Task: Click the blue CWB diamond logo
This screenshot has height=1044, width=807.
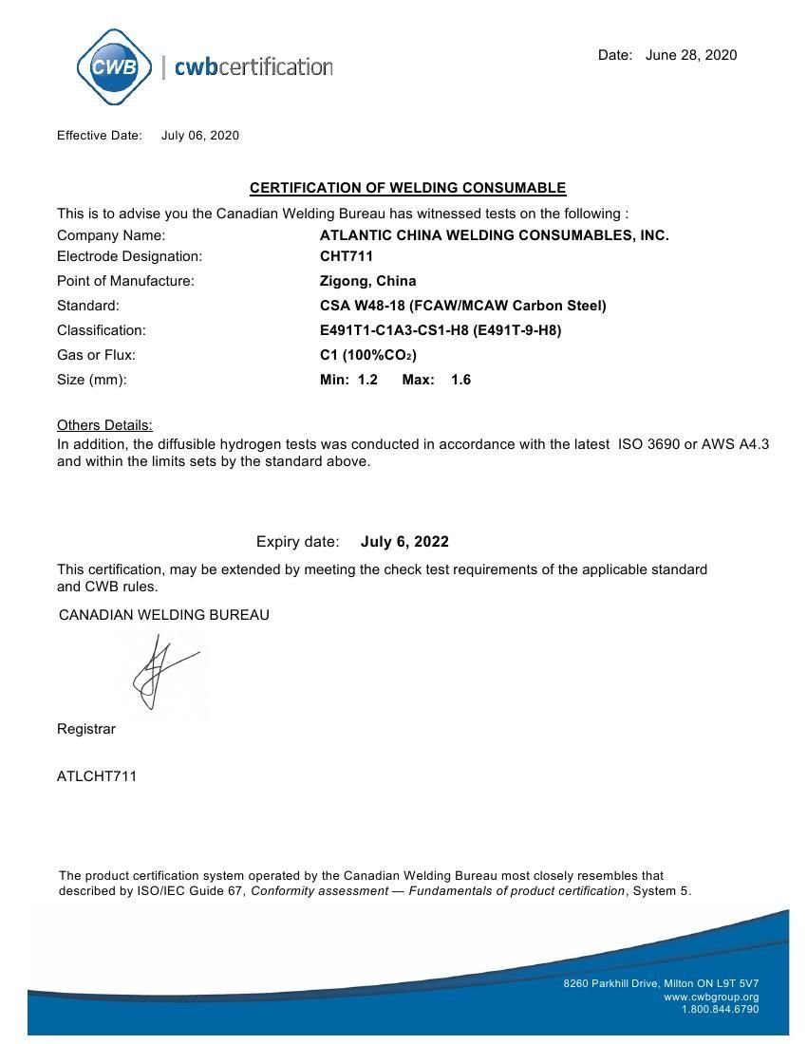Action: [113, 66]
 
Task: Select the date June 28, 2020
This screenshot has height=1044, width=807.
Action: [690, 55]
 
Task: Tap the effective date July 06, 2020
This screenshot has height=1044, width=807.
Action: [200, 136]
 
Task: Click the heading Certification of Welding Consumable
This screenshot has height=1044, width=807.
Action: [407, 188]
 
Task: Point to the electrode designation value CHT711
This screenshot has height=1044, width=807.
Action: [347, 256]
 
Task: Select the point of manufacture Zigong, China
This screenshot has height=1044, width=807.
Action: [367, 281]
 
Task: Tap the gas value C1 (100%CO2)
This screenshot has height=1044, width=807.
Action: [367, 355]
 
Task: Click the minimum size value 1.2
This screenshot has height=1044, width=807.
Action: [367, 380]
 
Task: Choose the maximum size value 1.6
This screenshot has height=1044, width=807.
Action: [460, 380]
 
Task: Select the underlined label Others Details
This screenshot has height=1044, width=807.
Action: [104, 425]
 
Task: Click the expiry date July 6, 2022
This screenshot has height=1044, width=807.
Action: [404, 542]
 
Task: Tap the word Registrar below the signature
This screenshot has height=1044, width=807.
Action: [86, 729]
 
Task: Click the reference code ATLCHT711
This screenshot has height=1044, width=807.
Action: [97, 776]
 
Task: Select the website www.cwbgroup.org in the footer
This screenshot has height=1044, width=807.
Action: [711, 997]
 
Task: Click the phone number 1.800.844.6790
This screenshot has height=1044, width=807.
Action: [720, 1009]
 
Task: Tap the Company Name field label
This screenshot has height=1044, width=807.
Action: [111, 235]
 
